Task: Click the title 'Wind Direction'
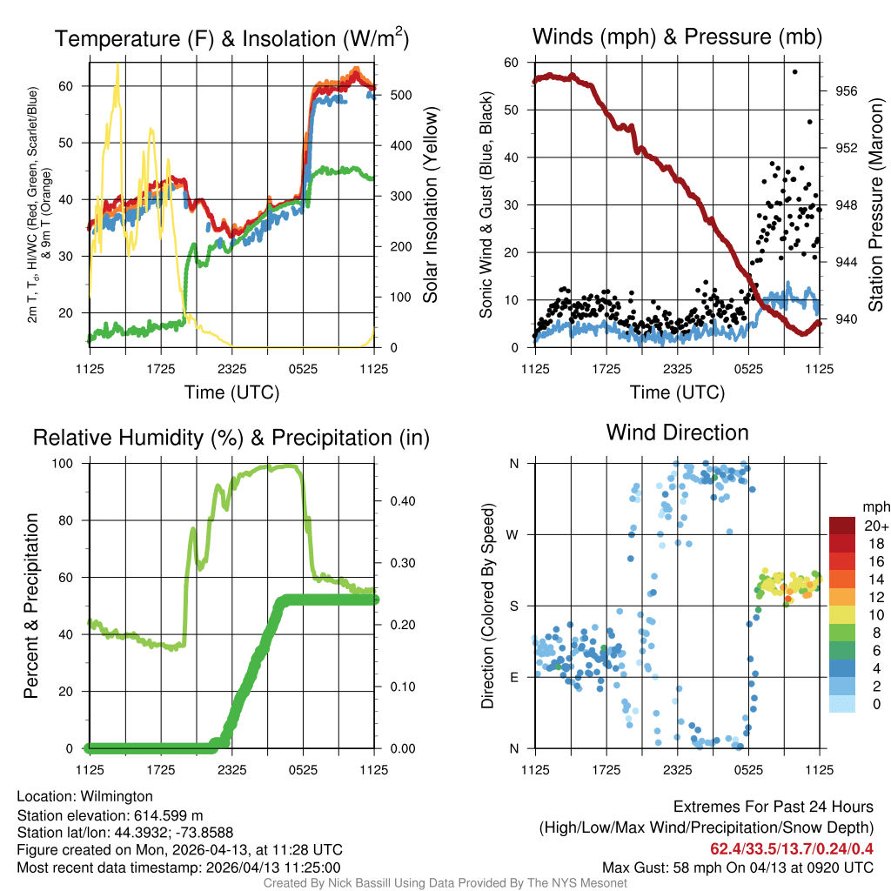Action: click(677, 432)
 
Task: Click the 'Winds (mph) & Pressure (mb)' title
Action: click(677, 37)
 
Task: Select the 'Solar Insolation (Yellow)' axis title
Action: click(430, 204)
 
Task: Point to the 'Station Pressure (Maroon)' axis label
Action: click(875, 204)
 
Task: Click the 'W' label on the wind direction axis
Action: click(513, 534)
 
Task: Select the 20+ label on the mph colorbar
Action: click(875, 526)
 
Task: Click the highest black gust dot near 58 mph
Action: click(794, 71)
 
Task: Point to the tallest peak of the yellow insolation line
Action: click(117, 64)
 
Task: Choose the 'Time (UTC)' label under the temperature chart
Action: click(231, 392)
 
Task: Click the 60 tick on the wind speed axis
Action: click(512, 63)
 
